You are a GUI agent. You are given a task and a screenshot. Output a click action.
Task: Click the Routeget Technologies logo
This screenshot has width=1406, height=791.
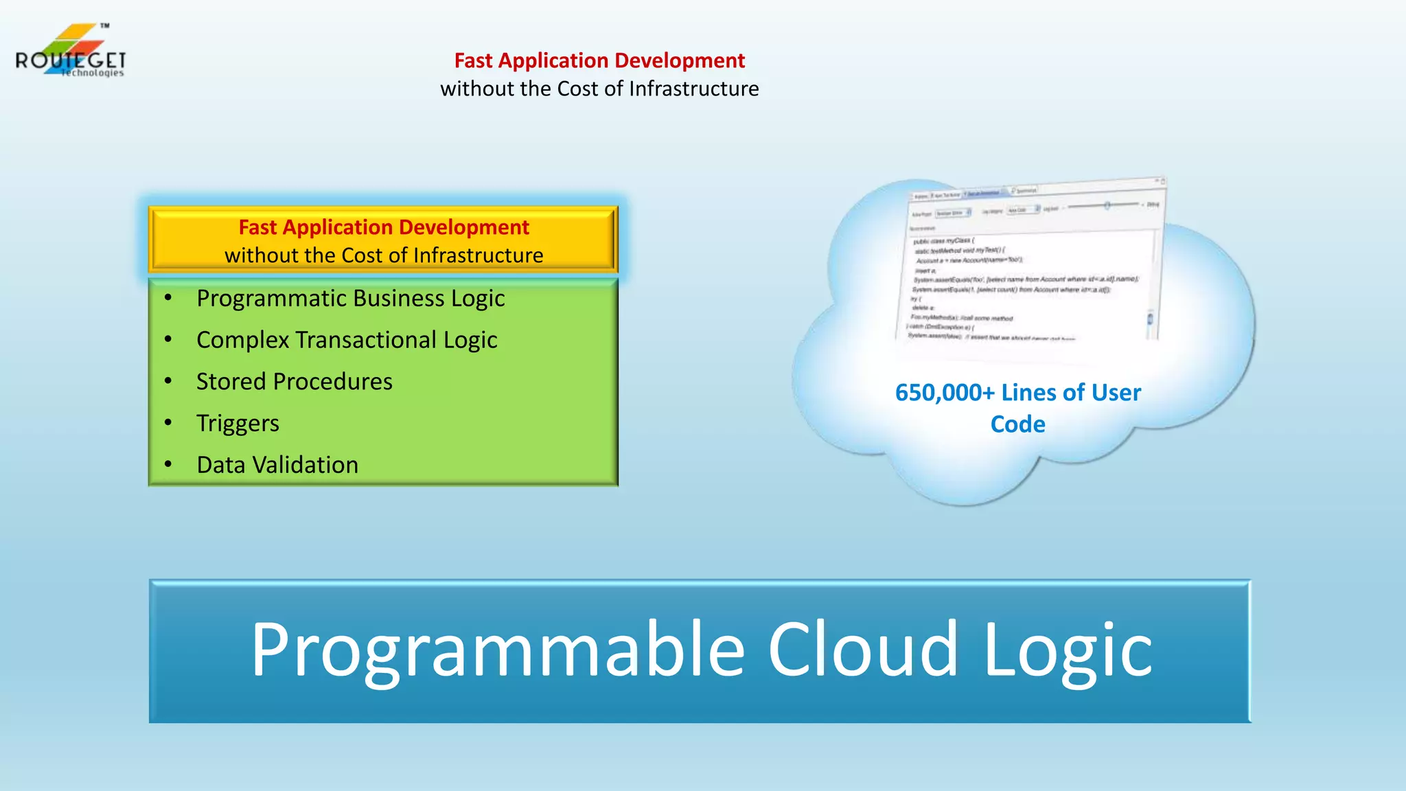70,52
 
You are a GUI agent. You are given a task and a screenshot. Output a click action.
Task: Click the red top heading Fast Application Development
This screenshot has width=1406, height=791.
599,60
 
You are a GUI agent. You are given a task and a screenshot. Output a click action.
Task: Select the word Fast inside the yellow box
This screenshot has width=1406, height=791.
257,227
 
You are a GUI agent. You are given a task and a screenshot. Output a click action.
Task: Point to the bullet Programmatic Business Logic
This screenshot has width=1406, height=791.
350,299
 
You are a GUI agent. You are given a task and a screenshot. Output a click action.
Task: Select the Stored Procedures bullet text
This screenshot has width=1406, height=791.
294,382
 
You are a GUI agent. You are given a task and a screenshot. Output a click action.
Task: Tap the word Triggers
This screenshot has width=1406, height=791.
238,424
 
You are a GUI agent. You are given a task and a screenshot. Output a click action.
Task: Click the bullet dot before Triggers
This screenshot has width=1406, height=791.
168,422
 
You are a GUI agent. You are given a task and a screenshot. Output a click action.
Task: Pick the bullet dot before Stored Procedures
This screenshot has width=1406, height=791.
168,380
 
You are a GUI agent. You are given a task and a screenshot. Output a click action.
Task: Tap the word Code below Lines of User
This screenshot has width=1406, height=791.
1017,424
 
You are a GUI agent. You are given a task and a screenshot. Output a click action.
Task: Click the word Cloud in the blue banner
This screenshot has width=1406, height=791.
862,650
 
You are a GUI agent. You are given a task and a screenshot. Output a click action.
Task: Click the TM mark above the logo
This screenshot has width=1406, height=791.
104,25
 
